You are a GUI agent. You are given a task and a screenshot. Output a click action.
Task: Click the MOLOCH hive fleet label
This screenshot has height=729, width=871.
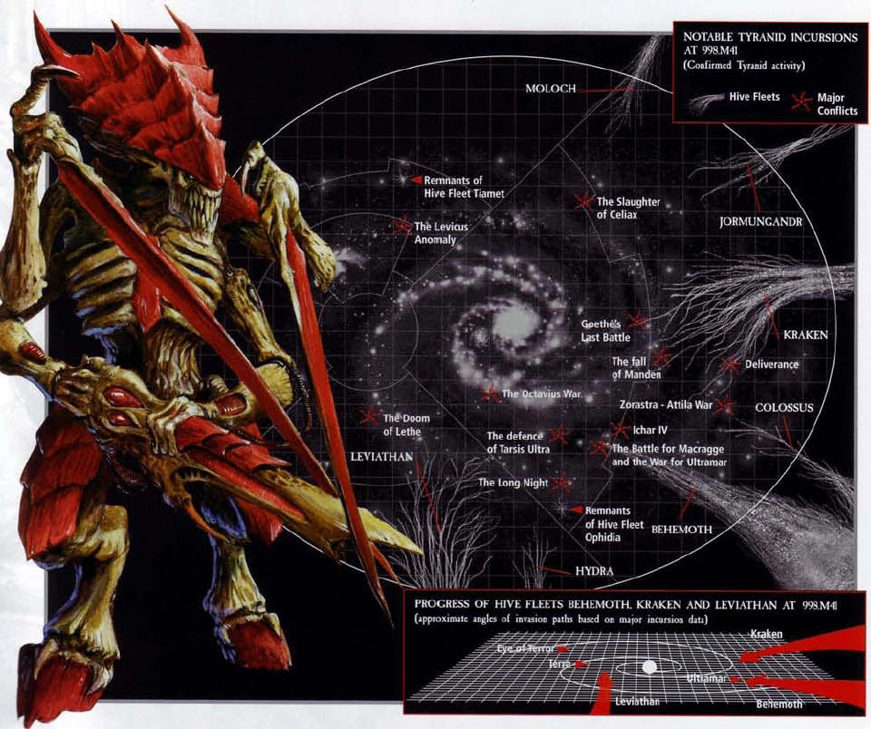[x=551, y=88]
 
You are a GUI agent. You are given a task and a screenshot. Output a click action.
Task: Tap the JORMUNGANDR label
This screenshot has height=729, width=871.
[x=760, y=222]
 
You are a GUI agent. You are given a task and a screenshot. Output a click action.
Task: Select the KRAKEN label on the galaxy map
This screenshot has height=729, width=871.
[x=806, y=335]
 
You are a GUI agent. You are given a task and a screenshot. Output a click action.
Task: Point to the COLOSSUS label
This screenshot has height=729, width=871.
[x=784, y=407]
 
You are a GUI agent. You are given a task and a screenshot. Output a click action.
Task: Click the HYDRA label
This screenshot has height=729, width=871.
[x=594, y=570]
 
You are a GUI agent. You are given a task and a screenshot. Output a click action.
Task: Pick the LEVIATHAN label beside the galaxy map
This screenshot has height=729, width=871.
[x=382, y=456]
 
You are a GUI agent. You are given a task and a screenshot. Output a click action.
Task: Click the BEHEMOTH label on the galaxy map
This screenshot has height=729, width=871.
[x=681, y=530]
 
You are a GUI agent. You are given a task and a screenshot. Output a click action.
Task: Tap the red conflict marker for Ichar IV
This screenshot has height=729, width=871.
[x=620, y=429]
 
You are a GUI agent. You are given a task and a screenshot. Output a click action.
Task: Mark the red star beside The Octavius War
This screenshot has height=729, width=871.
[x=490, y=394]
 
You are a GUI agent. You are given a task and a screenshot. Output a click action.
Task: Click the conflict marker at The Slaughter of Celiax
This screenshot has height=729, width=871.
[x=583, y=201]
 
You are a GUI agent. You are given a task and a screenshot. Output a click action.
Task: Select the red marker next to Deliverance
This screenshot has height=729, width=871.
[x=731, y=364]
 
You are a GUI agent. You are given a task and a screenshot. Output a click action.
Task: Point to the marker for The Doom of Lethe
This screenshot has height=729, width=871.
[x=368, y=416]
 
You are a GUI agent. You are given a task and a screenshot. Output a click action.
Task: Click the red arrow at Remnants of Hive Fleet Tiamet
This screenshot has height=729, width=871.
[x=416, y=180]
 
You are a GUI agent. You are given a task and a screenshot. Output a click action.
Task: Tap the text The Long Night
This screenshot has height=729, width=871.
[x=514, y=483]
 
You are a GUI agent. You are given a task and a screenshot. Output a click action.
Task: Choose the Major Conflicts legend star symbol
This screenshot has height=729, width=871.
[x=801, y=102]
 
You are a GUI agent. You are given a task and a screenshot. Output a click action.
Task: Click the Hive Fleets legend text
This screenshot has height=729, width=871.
[x=754, y=97]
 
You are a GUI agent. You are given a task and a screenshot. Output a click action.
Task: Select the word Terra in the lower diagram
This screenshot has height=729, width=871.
[x=560, y=664]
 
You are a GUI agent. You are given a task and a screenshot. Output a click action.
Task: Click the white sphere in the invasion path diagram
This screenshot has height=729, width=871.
[x=649, y=666]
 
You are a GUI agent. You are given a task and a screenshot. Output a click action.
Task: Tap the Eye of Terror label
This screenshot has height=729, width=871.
[x=525, y=648]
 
